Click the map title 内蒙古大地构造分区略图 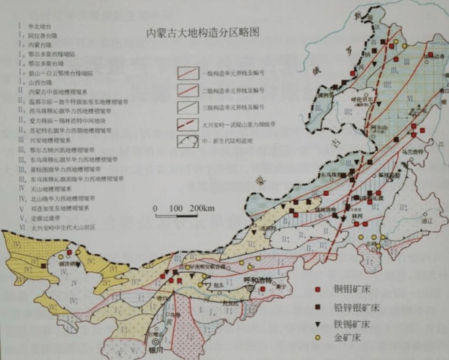tap(202, 34)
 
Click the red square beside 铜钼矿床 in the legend tap(317, 289)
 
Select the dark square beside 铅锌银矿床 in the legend tap(317, 306)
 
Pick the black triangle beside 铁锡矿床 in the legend tap(317, 322)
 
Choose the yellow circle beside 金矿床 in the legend tap(317, 338)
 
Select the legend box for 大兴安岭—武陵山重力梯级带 tap(191, 124)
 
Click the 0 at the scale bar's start tap(157, 209)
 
